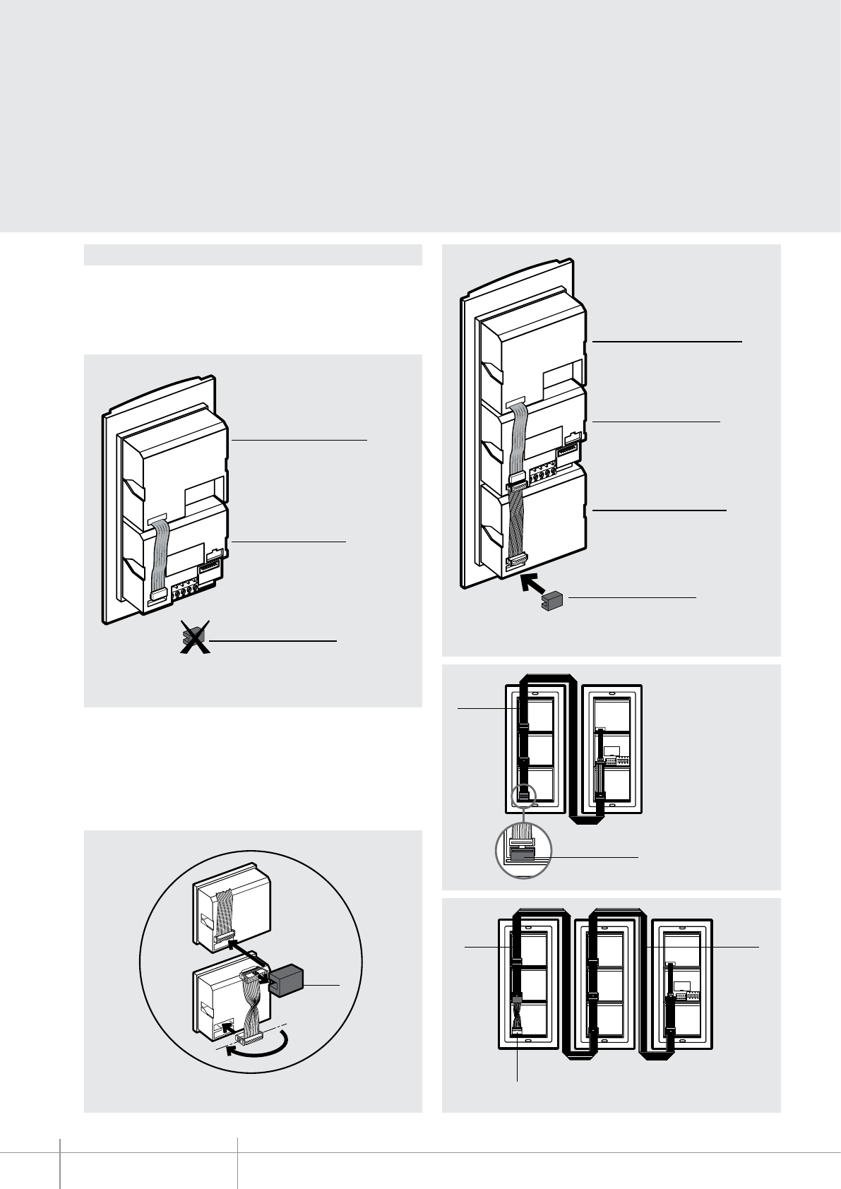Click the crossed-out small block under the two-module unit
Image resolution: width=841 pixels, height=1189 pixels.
pos(193,638)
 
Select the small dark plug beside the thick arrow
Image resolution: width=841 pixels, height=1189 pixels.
pos(550,602)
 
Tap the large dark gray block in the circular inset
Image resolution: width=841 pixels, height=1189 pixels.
pos(285,981)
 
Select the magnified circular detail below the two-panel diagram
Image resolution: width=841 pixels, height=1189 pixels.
pos(523,852)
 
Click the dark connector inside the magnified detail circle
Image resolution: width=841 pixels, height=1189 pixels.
pos(523,855)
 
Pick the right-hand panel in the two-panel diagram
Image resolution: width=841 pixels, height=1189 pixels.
pos(612,748)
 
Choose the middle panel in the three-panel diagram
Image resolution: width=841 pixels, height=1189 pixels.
pos(603,984)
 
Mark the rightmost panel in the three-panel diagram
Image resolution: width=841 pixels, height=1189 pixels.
pos(681,984)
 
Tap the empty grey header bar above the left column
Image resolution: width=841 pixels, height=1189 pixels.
pos(253,255)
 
